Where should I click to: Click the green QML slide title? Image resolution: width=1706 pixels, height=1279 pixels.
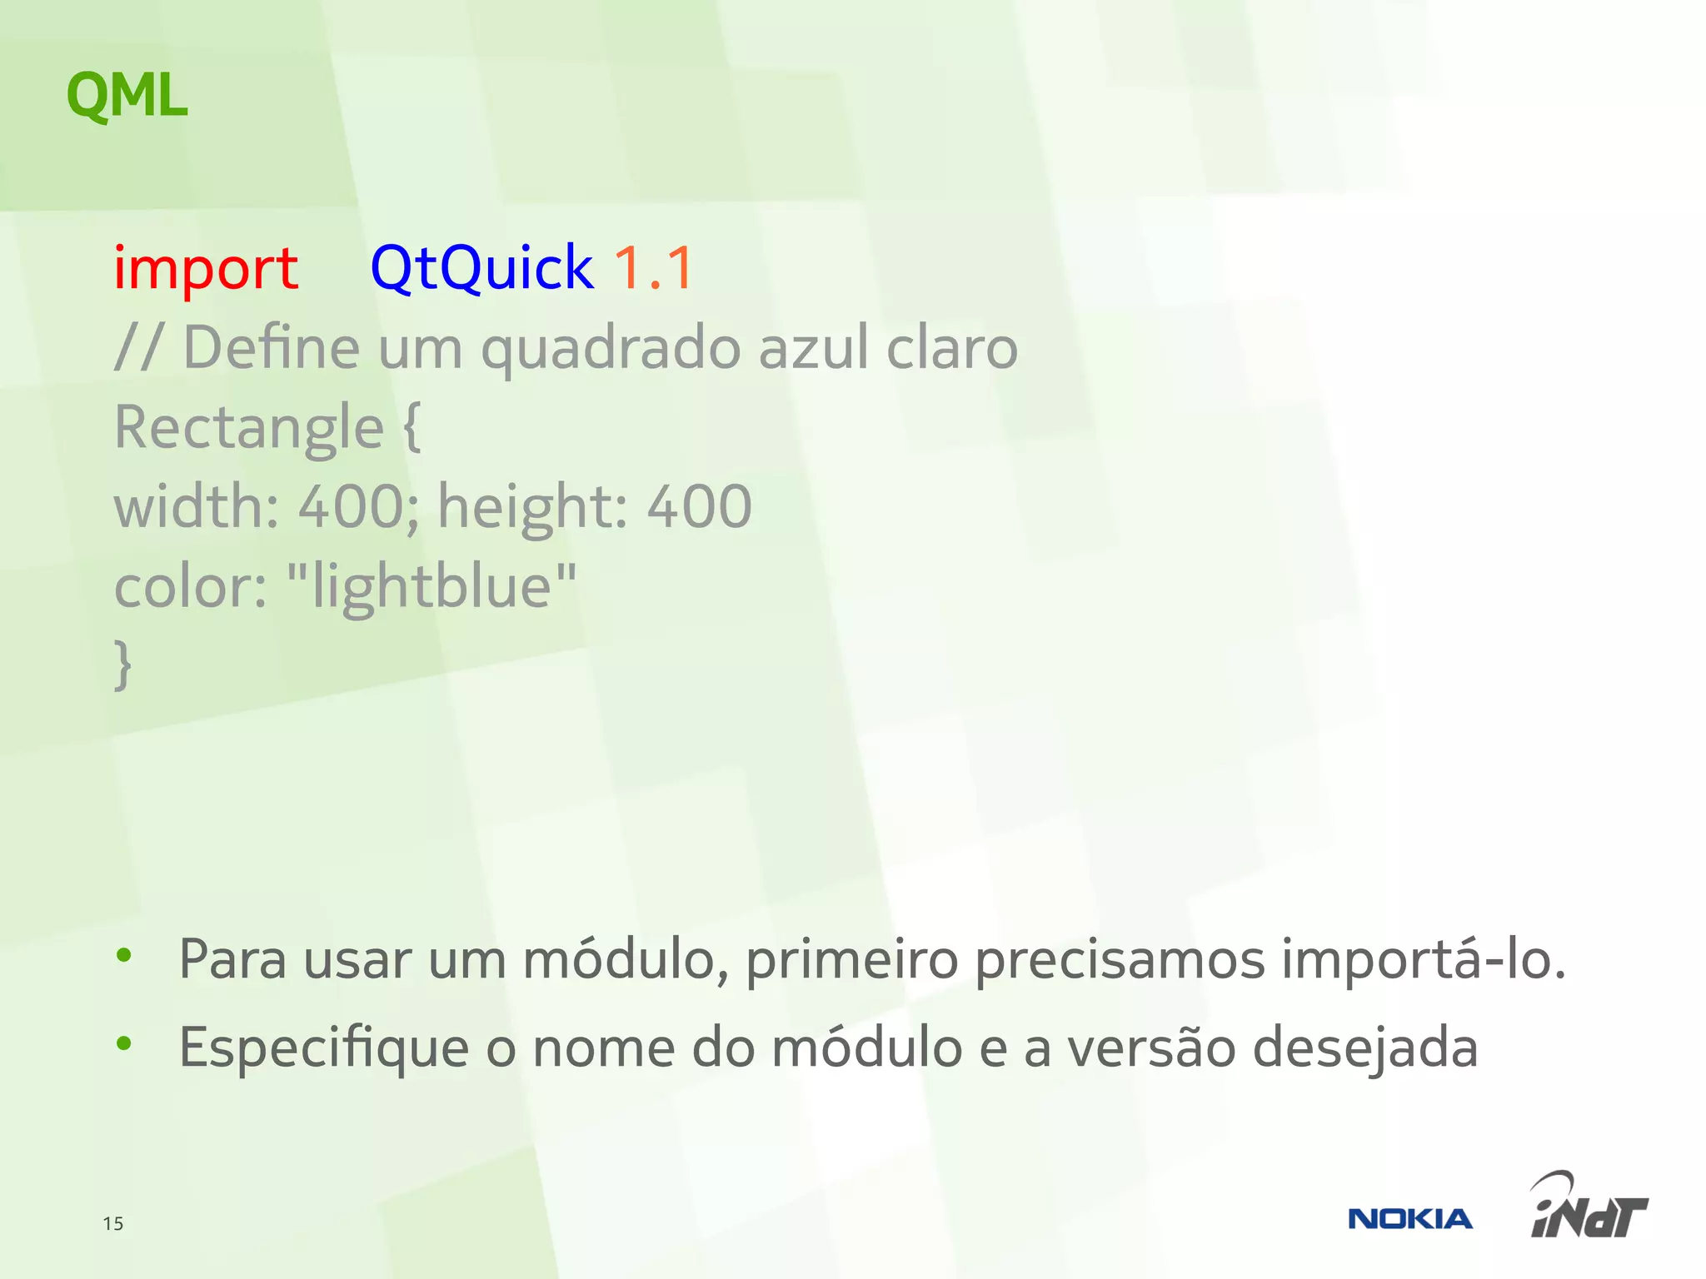click(127, 96)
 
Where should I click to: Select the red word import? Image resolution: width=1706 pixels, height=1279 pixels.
click(206, 268)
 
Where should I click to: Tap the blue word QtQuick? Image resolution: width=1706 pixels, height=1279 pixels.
click(481, 268)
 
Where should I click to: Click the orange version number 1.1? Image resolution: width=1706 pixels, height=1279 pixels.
click(654, 268)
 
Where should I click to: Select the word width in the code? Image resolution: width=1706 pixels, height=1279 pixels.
click(191, 506)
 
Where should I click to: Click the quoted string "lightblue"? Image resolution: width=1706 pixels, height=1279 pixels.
click(431, 586)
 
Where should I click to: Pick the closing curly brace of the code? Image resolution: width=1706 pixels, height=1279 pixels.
click(123, 664)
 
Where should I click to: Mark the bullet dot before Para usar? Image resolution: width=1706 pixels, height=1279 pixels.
click(124, 956)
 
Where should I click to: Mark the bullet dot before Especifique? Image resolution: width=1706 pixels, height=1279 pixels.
click(124, 1043)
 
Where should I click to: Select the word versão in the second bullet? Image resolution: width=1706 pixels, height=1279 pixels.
click(1151, 1048)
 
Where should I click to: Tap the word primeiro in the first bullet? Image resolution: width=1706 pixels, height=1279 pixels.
click(851, 959)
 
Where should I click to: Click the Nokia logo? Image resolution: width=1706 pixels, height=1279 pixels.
click(1409, 1219)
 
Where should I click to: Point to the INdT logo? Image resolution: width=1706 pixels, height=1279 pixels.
click(1588, 1207)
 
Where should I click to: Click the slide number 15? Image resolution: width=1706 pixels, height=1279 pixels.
click(113, 1223)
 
